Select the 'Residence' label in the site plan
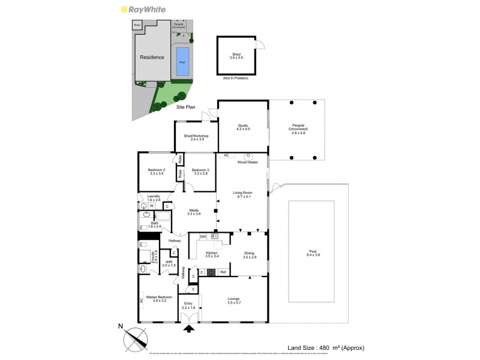tap(152, 58)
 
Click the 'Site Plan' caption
tap(185, 106)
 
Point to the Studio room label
tap(242, 127)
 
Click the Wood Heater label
tap(247, 162)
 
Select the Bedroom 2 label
tap(156, 172)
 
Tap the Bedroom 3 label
tap(200, 172)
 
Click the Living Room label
tap(242, 194)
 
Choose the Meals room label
tap(193, 212)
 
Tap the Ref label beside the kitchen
tap(222, 272)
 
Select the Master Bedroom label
tap(160, 299)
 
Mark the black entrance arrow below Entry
tap(190, 328)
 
